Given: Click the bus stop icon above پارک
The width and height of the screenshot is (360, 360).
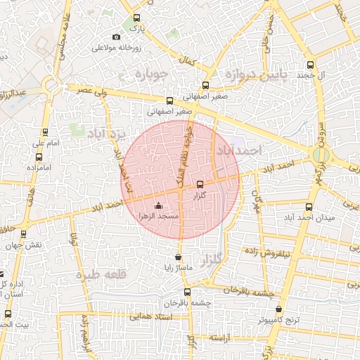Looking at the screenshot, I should pos(136,18).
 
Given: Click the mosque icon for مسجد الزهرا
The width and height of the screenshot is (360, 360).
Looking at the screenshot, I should pos(157,206).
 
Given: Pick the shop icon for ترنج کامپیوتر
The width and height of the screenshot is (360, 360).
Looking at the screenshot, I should pos(279,309).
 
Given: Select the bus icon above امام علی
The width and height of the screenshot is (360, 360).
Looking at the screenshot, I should pos(46,131).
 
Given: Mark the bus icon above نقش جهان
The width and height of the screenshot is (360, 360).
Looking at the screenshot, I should pos(25,233).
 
